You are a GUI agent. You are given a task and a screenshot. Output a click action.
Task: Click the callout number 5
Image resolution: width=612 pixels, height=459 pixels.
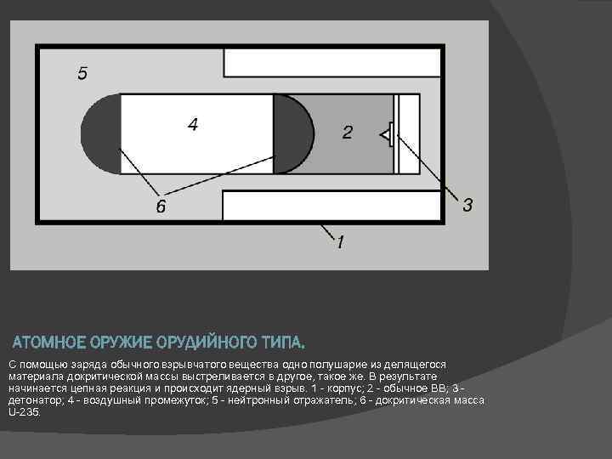coord(82,73)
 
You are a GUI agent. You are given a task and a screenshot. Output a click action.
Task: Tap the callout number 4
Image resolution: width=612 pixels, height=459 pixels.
coord(193,125)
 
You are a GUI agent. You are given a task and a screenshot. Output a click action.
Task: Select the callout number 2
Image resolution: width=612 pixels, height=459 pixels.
coord(347,133)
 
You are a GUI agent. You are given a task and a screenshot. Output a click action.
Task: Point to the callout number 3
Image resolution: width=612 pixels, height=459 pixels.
coord(467,205)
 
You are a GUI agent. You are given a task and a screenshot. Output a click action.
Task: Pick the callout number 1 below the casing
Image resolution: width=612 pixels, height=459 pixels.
coord(340,243)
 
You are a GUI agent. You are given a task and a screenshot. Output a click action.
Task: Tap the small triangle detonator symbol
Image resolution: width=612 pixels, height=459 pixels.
coord(386,133)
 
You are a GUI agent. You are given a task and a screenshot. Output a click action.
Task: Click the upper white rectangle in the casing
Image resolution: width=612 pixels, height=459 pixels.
coord(331,63)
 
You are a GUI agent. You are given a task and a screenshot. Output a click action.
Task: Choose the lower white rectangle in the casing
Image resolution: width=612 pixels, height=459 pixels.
coord(331,205)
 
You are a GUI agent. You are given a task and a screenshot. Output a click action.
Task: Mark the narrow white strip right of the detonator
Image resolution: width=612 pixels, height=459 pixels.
coord(409,133)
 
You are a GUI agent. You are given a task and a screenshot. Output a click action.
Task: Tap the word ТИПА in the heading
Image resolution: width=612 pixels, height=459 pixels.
coord(282,343)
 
